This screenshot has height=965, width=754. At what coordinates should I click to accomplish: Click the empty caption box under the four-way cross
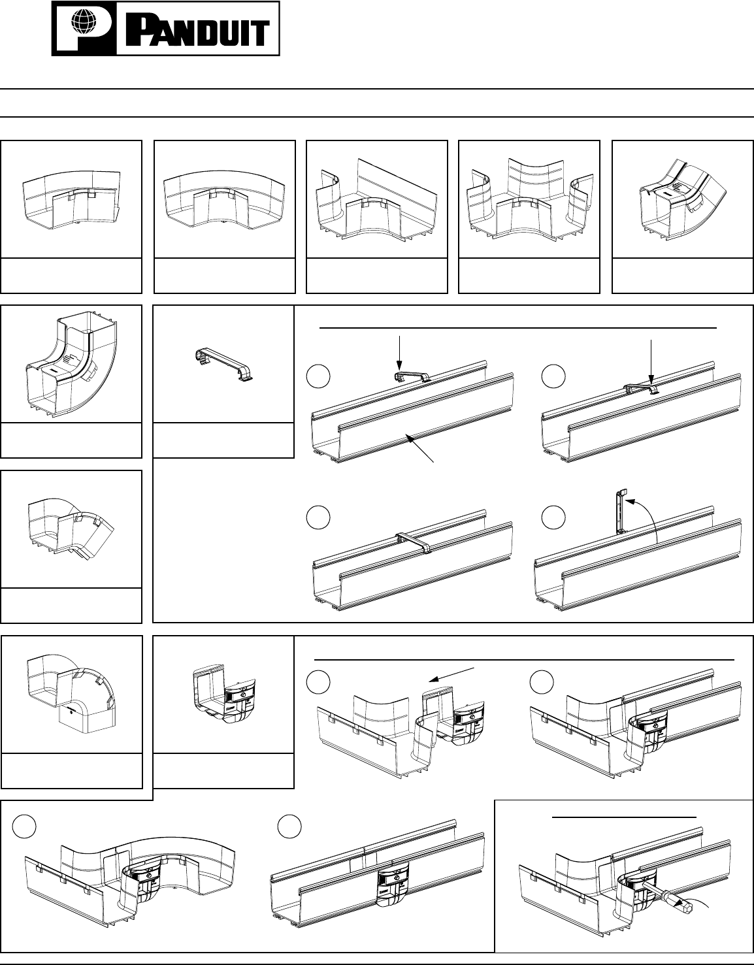tap(529, 276)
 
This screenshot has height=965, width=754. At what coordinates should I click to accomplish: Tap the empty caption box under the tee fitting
tap(376, 276)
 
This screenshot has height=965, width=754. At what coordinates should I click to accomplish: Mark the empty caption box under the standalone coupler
tap(223, 772)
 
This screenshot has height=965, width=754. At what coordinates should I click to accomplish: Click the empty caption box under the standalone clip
tap(223, 440)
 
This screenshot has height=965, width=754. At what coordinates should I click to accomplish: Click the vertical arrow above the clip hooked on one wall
tap(399, 355)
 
